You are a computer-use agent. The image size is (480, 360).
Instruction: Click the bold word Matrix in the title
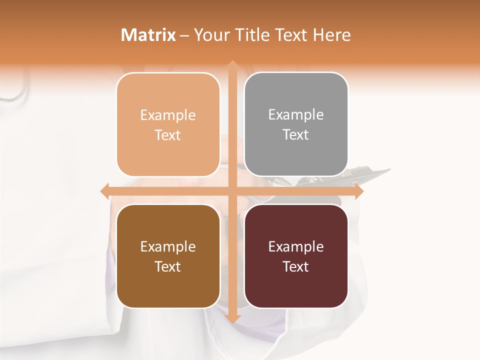pos(148,35)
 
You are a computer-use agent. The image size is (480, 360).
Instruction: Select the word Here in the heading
pos(332,35)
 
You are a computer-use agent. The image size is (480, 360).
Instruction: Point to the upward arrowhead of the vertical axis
pos(232,64)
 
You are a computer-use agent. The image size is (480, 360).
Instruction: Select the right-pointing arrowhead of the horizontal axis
pos(358,191)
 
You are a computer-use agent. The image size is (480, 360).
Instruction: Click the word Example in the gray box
pos(296,115)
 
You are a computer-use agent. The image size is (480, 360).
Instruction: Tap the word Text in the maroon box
pos(296,266)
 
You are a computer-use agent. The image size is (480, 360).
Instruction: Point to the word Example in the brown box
pos(168,246)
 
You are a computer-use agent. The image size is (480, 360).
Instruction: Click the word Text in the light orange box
pos(168,135)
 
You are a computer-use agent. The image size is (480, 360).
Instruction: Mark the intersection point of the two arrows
pos(232,191)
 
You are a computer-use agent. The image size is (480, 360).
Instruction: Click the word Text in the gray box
pos(296,135)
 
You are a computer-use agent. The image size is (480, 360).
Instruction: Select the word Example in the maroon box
pos(296,246)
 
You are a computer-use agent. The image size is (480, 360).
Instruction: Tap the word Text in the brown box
pos(168,266)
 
